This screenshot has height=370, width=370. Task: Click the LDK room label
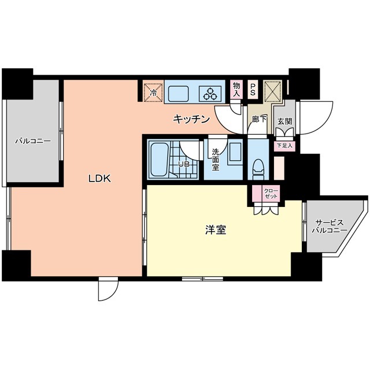99,179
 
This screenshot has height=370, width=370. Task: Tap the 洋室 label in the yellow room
215,230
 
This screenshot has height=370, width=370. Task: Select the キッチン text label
191,120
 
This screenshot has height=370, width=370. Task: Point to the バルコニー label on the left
33,140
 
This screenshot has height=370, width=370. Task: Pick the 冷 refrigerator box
153,92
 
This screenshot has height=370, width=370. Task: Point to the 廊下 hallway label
259,120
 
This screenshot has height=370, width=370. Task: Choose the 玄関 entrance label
284,122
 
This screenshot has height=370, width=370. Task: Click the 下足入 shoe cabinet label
284,146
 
